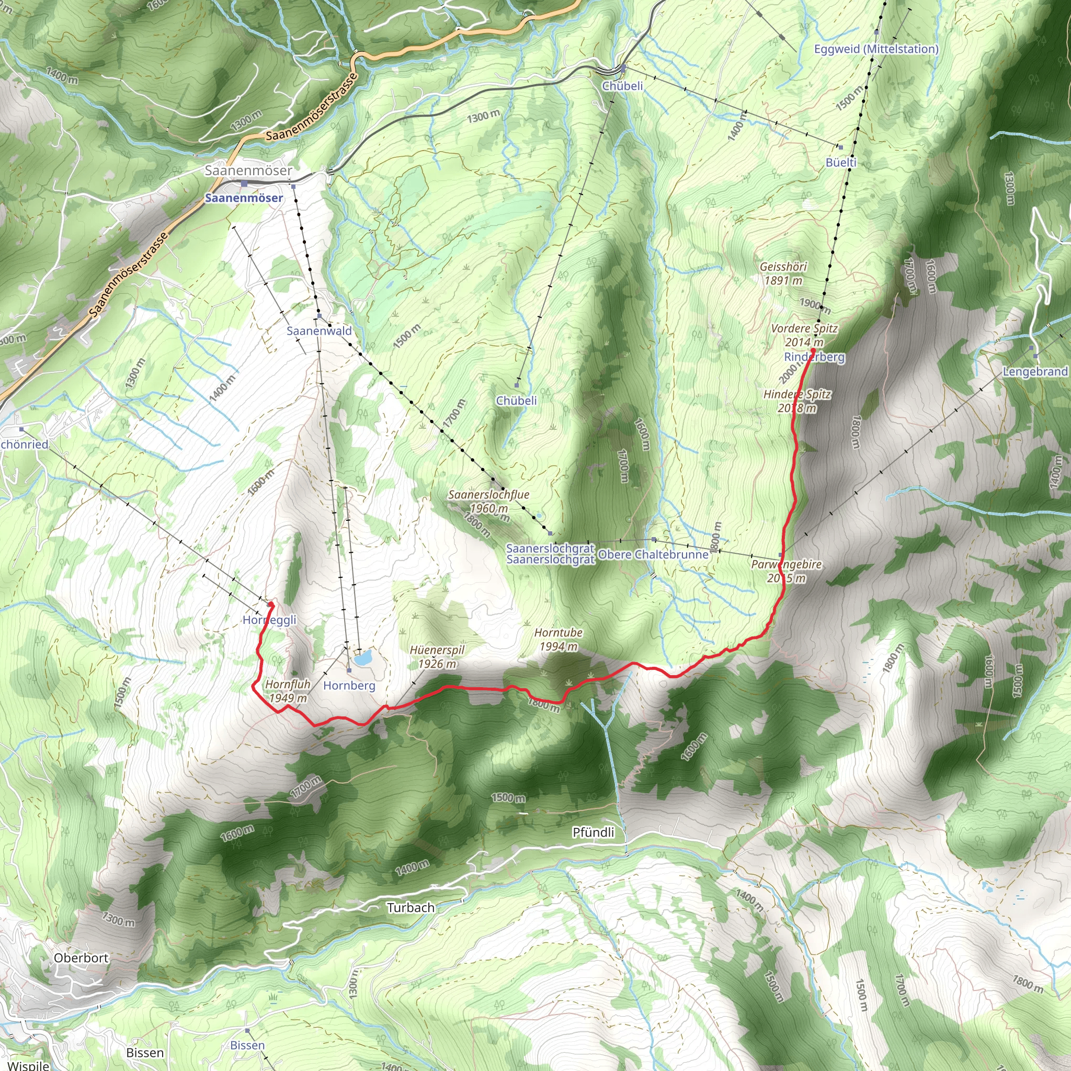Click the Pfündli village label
(x=593, y=832)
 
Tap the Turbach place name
(x=410, y=907)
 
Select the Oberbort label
(x=81, y=958)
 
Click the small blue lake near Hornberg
(x=363, y=658)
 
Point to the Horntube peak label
(x=558, y=633)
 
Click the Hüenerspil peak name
(x=437, y=650)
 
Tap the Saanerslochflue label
(x=488, y=495)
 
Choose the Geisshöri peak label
(x=783, y=267)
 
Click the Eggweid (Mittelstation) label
(x=876, y=49)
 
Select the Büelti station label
(x=841, y=162)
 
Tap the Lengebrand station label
(x=1035, y=371)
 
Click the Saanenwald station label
(x=319, y=331)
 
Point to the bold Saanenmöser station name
(x=244, y=198)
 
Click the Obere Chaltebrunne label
(x=654, y=554)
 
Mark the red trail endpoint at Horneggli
(x=270, y=603)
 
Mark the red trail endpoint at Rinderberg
(x=813, y=350)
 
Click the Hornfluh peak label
(x=288, y=684)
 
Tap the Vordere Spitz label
(x=804, y=328)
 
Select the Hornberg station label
(x=349, y=686)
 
